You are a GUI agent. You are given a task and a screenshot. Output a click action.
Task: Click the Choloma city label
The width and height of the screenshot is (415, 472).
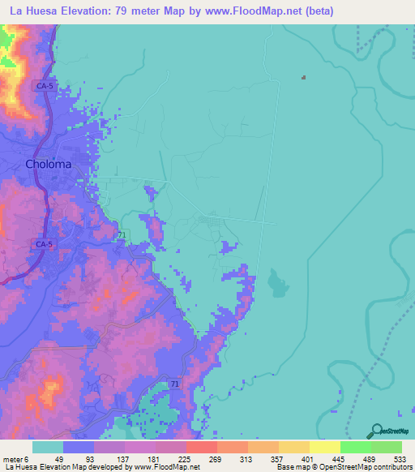pyautogui.click(x=49, y=163)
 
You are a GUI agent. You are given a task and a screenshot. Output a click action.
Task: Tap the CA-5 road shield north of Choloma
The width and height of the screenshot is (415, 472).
pyautogui.click(x=44, y=84)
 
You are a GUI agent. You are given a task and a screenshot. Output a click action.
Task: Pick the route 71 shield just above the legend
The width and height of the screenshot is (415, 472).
pyautogui.click(x=175, y=383)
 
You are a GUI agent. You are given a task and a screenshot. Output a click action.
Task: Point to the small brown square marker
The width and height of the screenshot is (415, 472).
pyautogui.click(x=303, y=78)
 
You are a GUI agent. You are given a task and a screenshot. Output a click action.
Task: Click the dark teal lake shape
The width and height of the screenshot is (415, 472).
pyautogui.click(x=276, y=283)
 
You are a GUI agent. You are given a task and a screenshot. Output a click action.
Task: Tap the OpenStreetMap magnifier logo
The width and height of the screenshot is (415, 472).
pyautogui.click(x=374, y=430)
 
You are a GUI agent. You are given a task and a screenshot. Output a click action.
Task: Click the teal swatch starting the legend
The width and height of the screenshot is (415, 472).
pyautogui.click(x=48, y=447)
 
